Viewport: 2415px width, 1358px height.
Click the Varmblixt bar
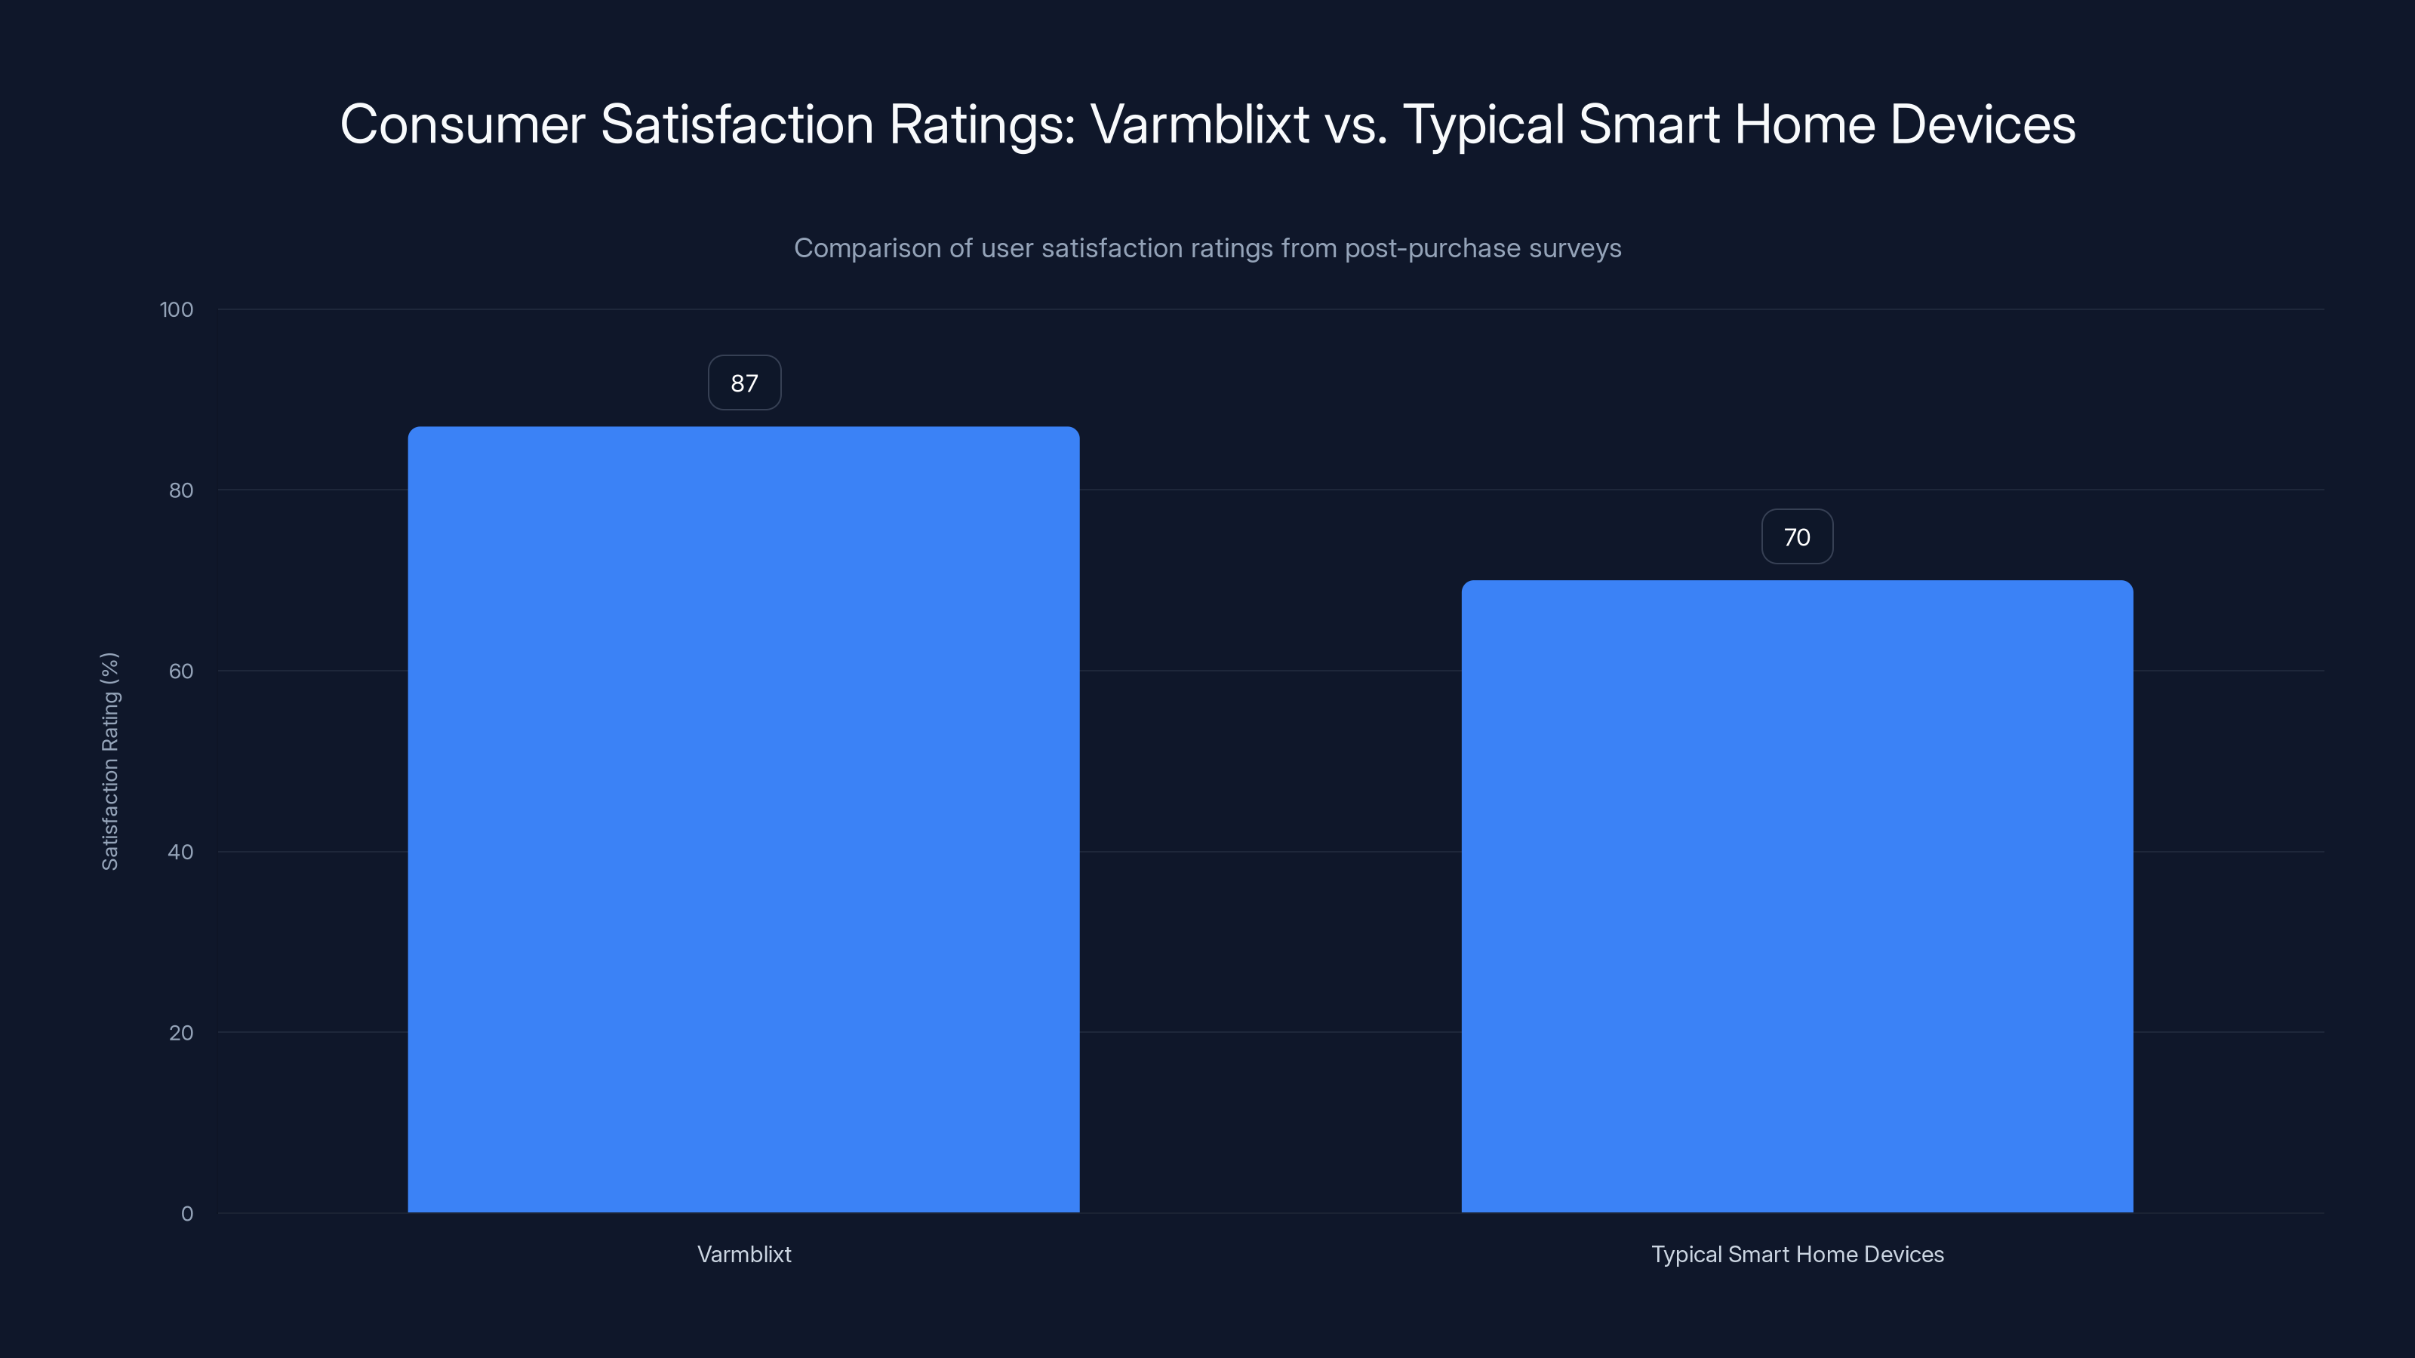[x=743, y=820]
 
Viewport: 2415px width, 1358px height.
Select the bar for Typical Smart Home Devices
[x=1796, y=897]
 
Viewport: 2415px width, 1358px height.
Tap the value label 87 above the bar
[x=744, y=383]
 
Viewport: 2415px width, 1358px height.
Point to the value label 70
[x=1796, y=537]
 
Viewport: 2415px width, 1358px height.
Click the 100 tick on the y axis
[x=177, y=310]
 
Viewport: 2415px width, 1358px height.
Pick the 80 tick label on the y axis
[x=181, y=491]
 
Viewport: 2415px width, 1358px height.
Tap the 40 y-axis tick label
[x=181, y=853]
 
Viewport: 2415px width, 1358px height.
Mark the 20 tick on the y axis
[x=181, y=1034]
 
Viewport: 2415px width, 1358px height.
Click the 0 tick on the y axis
[x=187, y=1215]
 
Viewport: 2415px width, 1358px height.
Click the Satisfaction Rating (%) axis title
[x=109, y=761]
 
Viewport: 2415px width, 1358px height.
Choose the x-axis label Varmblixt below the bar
[x=744, y=1255]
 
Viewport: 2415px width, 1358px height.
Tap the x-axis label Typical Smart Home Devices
[x=1796, y=1255]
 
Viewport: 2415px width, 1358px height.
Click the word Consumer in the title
[x=463, y=124]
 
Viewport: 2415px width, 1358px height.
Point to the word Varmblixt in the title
[x=1199, y=124]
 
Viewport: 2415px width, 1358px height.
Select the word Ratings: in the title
[x=982, y=124]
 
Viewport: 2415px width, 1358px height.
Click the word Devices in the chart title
[x=1982, y=124]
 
